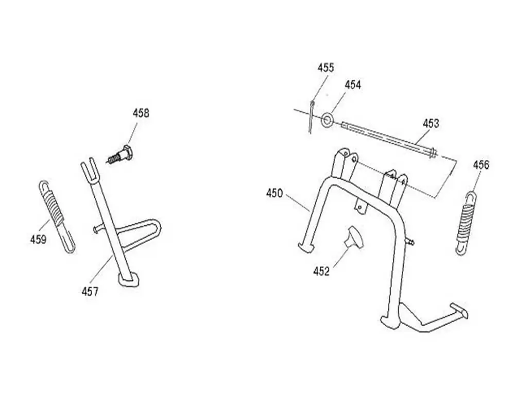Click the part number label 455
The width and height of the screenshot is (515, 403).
click(x=325, y=68)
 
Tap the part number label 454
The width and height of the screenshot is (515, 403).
click(x=353, y=85)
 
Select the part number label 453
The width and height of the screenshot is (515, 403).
click(x=431, y=124)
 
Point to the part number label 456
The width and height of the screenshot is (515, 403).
click(x=481, y=165)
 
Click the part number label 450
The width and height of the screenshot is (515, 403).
click(x=274, y=193)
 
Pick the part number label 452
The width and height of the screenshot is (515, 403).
click(x=321, y=272)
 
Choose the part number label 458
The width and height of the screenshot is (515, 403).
click(x=141, y=113)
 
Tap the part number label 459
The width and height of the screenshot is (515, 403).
click(x=39, y=240)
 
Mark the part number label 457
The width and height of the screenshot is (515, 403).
click(x=90, y=291)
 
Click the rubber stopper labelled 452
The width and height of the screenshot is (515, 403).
click(x=354, y=237)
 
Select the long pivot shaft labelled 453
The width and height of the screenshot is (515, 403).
click(x=389, y=138)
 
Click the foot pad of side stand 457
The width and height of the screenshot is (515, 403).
click(x=128, y=280)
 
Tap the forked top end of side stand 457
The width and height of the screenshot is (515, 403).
click(x=89, y=169)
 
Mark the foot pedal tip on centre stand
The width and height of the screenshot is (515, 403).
click(x=459, y=310)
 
